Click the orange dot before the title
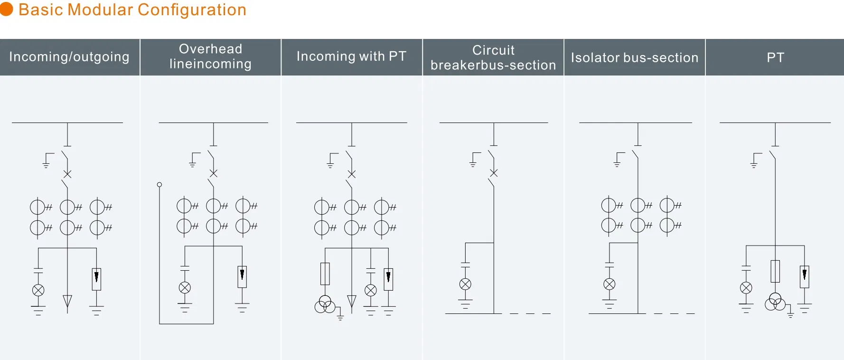point(7,9)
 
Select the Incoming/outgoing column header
point(69,57)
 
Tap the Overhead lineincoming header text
point(210,57)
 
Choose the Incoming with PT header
point(351,57)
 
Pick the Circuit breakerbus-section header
point(493,57)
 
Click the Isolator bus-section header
point(635,57)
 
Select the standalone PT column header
point(775,57)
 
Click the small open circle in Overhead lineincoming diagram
point(159,185)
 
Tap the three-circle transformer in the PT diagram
point(775,302)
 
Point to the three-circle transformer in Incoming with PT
point(325,304)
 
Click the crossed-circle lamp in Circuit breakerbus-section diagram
point(465,284)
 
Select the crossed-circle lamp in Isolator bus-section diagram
point(610,284)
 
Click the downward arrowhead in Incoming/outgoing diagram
point(67,301)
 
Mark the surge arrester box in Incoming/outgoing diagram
point(96,279)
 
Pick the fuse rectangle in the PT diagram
point(775,271)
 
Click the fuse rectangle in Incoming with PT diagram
point(325,274)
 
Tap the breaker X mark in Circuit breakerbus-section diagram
point(494,173)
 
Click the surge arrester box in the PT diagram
point(805,276)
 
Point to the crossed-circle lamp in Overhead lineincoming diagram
point(185,287)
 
